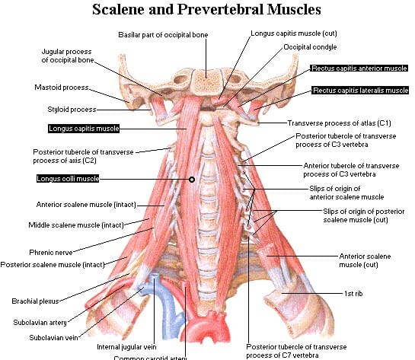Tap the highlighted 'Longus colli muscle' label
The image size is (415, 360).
tap(68, 179)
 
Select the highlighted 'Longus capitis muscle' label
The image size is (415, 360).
tap(84, 129)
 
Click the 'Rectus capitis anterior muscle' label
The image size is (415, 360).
tap(359, 68)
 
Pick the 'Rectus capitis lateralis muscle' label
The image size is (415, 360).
tap(360, 91)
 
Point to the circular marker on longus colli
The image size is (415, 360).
tap(192, 180)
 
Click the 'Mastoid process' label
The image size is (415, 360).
tap(62, 88)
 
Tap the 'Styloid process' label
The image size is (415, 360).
tap(72, 110)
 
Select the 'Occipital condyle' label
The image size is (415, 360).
tap(310, 47)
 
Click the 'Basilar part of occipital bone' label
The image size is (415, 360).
tap(163, 35)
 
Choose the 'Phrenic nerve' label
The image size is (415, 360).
tap(51, 253)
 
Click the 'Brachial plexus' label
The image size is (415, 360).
tap(35, 301)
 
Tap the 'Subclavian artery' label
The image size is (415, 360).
tap(40, 323)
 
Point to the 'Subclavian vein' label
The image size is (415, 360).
tap(53, 338)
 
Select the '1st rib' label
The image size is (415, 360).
tap(353, 294)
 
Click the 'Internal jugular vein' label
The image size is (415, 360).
tap(126, 347)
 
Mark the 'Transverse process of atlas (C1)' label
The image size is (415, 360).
tap(339, 123)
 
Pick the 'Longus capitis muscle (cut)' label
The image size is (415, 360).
tap(294, 33)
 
